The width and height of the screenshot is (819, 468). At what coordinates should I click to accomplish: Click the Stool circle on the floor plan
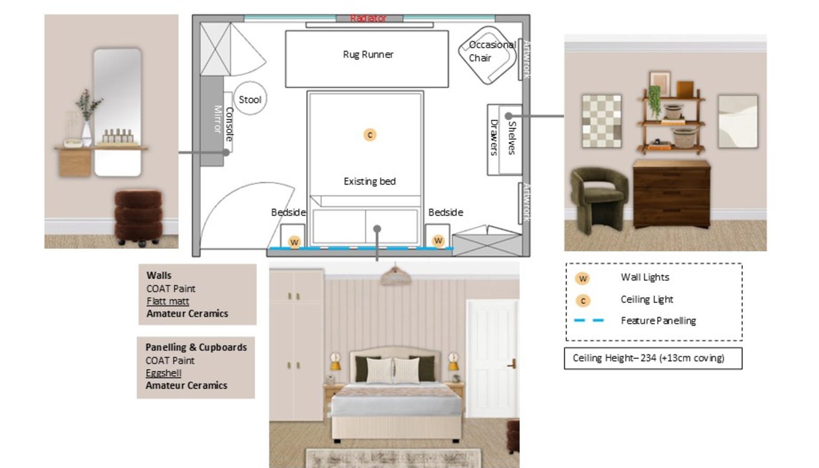250,99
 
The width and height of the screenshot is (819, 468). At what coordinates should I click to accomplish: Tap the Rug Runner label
368,54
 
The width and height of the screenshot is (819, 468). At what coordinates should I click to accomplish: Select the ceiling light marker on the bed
370,135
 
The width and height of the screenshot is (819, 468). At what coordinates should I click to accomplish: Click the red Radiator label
368,18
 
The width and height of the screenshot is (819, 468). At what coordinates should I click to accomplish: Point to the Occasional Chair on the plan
487,53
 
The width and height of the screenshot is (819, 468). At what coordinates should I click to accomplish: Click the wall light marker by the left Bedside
294,242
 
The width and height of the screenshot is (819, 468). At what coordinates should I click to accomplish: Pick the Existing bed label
369,181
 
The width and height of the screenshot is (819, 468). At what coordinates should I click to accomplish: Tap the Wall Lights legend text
645,277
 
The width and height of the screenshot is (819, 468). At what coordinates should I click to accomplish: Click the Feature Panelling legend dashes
589,320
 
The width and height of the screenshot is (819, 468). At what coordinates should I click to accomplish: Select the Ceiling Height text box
653,358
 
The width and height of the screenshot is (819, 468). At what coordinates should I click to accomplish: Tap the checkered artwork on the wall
602,121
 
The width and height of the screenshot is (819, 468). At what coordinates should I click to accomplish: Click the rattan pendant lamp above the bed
396,276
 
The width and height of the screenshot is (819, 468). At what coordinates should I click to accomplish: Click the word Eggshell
164,373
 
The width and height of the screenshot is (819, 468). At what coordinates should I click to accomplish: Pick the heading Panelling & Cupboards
196,347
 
